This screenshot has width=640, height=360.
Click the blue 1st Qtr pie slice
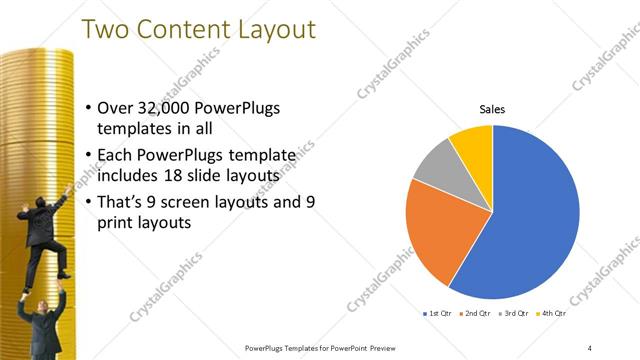click(x=530, y=220)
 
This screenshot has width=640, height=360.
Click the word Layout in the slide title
click(x=260, y=29)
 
